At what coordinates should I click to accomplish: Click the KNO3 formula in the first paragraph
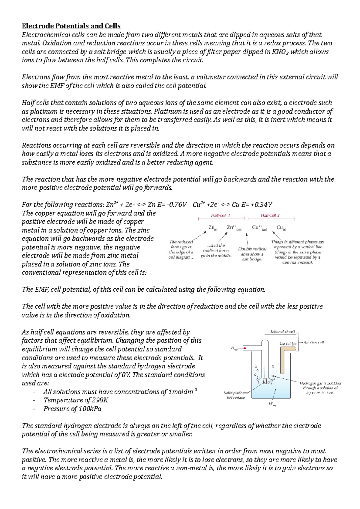point(281,52)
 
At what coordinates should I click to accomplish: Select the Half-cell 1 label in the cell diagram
point(220,215)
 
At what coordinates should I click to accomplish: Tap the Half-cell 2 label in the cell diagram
point(270,215)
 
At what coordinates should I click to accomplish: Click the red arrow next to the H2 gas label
point(243,348)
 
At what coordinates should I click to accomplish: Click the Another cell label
point(313,342)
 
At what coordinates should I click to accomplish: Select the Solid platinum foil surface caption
point(236,395)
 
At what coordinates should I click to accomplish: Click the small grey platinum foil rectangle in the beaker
point(265,381)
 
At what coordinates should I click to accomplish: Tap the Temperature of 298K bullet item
point(76,400)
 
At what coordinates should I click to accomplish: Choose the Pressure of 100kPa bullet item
point(72,409)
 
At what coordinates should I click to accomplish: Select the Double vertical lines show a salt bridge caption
point(252,254)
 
